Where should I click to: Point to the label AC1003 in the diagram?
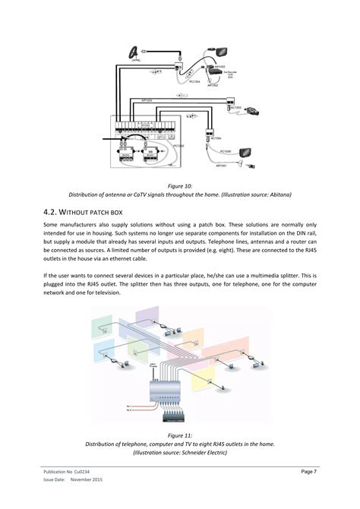click(x=235, y=109)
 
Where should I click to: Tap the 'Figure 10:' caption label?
click(x=180, y=184)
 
